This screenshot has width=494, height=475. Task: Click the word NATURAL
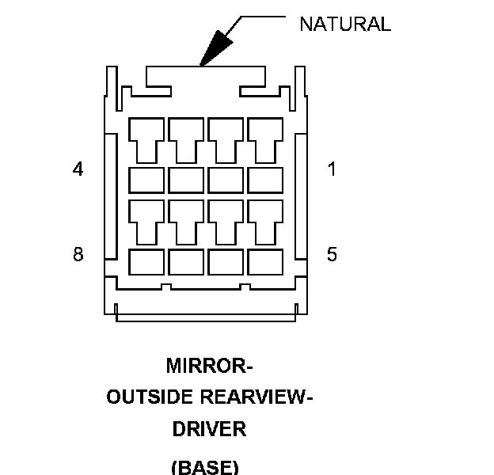[344, 25]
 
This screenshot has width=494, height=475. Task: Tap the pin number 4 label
[78, 169]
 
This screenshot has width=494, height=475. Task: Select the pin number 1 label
[332, 169]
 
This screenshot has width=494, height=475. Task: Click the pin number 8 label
[78, 254]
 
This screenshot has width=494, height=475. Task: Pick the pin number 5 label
[332, 254]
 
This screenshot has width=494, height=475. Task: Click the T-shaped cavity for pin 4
[146, 138]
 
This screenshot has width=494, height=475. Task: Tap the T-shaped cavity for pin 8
[146, 218]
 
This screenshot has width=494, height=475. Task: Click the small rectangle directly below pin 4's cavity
[146, 180]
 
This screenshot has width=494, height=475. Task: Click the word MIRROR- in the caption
[209, 367]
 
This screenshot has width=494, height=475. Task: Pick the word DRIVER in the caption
[209, 429]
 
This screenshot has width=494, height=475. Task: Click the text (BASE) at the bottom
[204, 466]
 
